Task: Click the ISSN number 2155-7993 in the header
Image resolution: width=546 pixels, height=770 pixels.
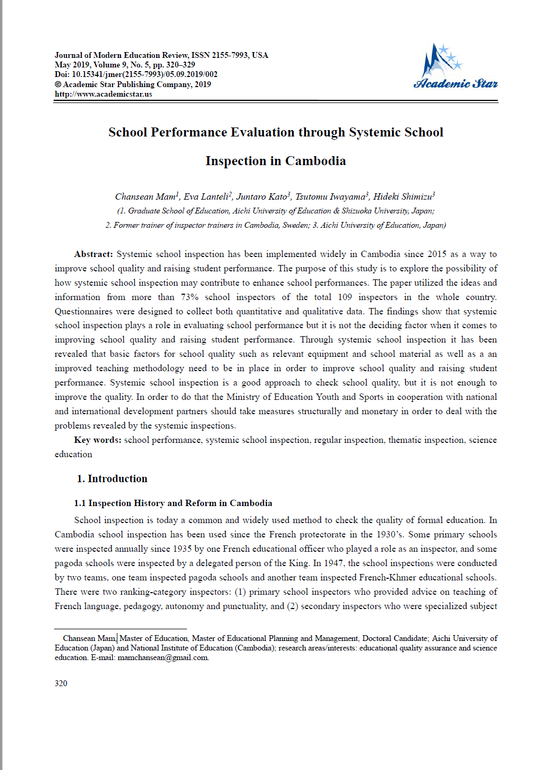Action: point(232,55)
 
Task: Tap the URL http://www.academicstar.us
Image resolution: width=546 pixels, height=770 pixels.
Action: point(103,94)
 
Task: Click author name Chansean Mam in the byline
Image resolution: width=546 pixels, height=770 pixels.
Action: point(145,197)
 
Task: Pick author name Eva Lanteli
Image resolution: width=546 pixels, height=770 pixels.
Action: point(206,197)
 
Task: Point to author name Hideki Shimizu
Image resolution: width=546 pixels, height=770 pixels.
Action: point(403,197)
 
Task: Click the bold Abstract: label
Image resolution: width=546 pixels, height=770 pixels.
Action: point(93,254)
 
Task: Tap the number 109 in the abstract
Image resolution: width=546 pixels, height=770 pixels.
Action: point(345,297)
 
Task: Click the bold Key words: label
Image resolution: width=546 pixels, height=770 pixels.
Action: point(98,440)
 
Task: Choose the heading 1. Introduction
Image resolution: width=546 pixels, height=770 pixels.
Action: point(112,479)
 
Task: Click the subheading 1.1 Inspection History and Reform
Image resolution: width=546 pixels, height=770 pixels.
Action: point(173,503)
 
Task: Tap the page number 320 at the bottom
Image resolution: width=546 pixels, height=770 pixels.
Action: point(61,683)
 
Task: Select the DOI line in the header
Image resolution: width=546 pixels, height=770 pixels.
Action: point(136,74)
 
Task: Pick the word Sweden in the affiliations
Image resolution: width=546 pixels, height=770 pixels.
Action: point(295,225)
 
